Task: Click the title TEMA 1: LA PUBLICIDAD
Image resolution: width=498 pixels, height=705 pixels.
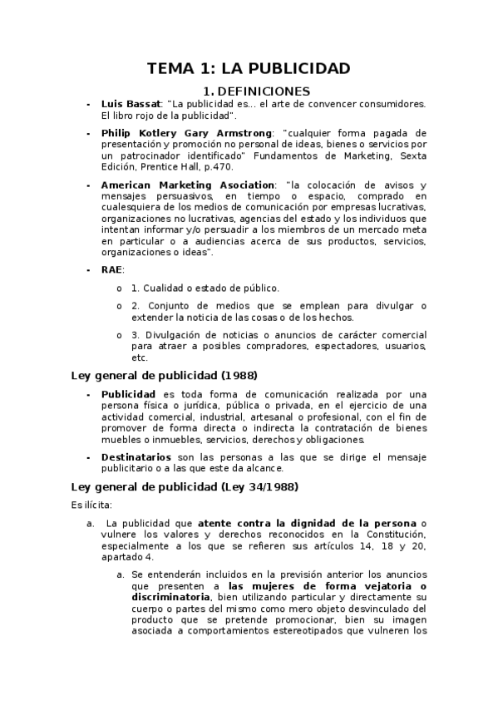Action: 249,68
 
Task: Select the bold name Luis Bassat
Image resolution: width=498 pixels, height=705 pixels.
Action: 131,104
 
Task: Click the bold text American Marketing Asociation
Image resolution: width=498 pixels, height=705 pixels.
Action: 188,185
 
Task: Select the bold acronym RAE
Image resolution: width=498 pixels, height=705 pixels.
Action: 111,270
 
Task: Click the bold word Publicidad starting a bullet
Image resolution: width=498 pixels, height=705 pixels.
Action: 128,393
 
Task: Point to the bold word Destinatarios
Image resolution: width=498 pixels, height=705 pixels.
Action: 136,457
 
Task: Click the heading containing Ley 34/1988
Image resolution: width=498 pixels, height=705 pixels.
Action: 184,486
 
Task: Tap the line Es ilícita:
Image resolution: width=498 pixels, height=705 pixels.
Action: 91,504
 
